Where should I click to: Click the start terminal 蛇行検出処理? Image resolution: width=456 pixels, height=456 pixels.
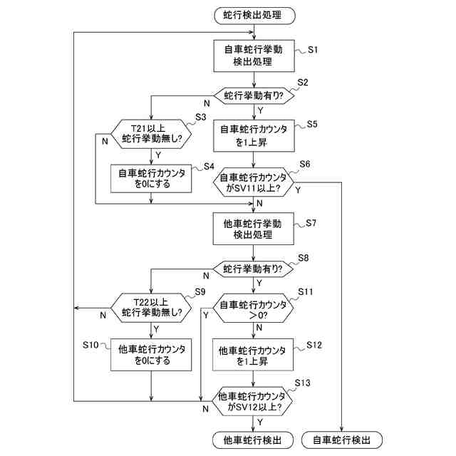point(253,15)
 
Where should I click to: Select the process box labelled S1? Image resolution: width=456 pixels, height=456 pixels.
point(253,56)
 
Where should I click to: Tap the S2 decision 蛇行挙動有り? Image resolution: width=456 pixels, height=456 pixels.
point(253,95)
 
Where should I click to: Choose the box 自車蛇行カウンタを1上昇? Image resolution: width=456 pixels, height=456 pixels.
point(253,135)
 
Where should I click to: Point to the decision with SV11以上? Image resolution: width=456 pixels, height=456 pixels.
point(253,183)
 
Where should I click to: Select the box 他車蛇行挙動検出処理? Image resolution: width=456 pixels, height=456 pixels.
point(253,228)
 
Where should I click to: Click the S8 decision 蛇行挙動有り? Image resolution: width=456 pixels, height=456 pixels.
point(253,269)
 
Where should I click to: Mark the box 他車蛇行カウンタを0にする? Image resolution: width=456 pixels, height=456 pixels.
point(152,354)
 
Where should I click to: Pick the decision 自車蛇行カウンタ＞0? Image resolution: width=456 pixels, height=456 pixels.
point(253,310)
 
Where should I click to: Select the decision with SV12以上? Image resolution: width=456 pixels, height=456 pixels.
point(253,401)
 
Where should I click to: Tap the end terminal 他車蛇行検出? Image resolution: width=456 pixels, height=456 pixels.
point(253,440)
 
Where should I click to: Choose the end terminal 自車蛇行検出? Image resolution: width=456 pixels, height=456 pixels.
point(343,440)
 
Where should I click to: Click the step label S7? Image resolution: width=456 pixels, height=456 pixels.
point(311,223)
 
